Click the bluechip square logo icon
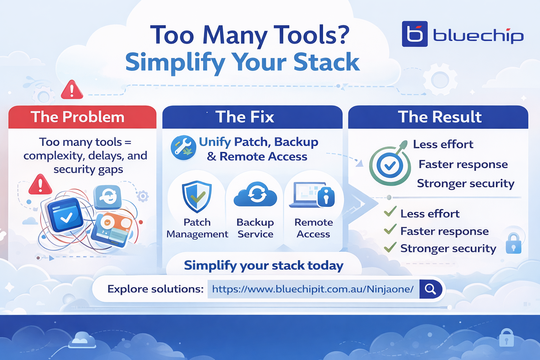point(414,34)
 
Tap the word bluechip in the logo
point(478,36)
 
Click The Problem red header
point(78,117)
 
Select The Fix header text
point(245,117)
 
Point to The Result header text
point(439,117)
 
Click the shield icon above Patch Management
point(197,197)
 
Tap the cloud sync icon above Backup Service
point(256,194)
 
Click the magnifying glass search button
point(430,289)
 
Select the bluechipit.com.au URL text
point(313,289)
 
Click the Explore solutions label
point(155,289)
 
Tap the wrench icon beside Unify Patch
point(183,148)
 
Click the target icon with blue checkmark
point(390,166)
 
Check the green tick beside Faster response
point(390,230)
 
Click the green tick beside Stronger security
point(390,247)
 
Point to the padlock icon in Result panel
point(513,243)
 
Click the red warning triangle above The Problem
point(72,90)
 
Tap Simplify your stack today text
point(263,265)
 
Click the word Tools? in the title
point(311,35)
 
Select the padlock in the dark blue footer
point(506,338)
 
